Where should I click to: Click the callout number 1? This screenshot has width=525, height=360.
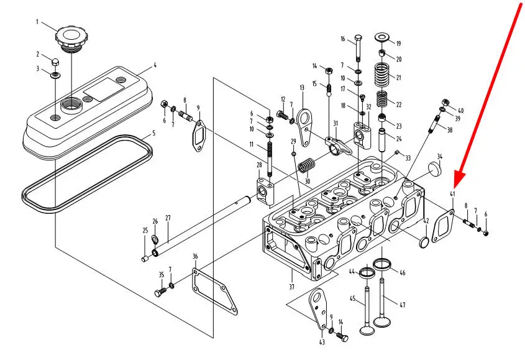click(37, 23)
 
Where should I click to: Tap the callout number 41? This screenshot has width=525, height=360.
click(452, 195)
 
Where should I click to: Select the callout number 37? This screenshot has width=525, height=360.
click(291, 287)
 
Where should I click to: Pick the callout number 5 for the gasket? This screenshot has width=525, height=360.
click(155, 132)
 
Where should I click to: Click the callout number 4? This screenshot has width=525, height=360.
click(155, 65)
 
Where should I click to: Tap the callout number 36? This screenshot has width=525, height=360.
click(195, 256)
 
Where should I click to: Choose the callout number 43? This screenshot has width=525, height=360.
click(321, 342)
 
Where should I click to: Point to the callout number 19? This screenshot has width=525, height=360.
click(398, 44)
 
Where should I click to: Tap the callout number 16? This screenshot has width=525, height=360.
click(342, 39)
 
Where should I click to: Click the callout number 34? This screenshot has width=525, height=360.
click(439, 156)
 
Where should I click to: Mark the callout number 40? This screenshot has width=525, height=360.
click(461, 111)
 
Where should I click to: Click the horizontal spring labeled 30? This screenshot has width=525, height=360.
click(306, 167)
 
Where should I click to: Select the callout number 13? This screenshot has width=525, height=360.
click(302, 88)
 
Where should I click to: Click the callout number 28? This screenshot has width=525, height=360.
click(259, 165)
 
